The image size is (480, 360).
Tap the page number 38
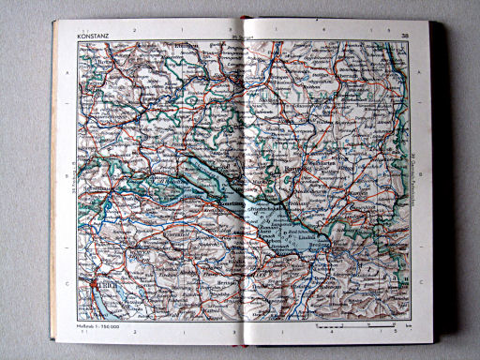(x=404, y=37)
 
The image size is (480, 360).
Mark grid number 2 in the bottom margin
(x=136, y=332)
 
